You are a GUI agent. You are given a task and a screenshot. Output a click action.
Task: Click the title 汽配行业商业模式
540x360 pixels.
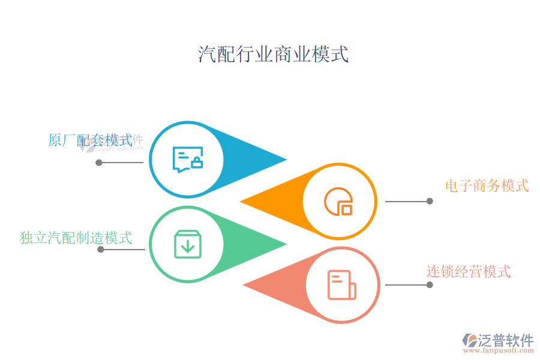click(273, 55)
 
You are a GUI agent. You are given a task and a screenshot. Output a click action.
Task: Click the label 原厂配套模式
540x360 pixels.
click(90, 140)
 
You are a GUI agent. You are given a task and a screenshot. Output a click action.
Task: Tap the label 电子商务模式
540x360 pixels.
click(487, 185)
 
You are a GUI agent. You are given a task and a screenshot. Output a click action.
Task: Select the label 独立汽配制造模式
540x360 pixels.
click(76, 238)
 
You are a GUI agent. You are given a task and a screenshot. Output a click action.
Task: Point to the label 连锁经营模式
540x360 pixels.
click(469, 271)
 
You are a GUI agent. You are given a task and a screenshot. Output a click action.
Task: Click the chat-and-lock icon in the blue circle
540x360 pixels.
click(187, 160)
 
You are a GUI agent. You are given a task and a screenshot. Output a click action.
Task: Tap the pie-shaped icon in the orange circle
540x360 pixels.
click(338, 202)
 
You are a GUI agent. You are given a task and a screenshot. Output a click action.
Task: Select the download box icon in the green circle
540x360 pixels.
click(187, 244)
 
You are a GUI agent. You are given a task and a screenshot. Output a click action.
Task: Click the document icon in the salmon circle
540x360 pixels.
click(341, 285)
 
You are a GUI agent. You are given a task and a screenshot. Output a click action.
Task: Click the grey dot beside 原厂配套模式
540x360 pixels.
click(99, 162)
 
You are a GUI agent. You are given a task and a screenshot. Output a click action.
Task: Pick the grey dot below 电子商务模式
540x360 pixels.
click(430, 202)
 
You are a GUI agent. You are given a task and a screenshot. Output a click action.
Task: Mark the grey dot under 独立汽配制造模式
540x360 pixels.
click(101, 249)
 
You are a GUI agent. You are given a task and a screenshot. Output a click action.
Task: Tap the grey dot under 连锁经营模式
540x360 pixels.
click(430, 285)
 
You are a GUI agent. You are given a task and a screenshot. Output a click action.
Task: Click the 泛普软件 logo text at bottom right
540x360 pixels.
click(505, 341)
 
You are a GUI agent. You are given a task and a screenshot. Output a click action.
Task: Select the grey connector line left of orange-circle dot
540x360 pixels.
click(406, 202)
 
